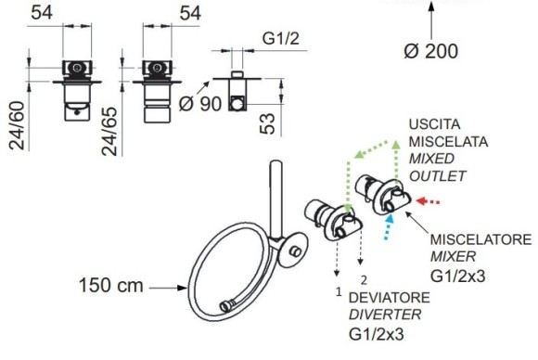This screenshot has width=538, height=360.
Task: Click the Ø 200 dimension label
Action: click(x=431, y=51)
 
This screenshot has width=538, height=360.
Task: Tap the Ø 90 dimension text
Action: click(x=200, y=103)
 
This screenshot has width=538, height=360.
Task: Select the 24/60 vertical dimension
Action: click(x=17, y=125)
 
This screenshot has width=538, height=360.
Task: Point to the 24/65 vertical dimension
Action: click(x=109, y=132)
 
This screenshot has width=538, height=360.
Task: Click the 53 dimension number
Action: click(x=268, y=123)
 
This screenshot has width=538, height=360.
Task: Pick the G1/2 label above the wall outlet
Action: click(x=281, y=38)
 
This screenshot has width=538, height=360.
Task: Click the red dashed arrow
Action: click(x=428, y=201)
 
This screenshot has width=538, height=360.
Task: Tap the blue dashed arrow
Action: click(x=389, y=226)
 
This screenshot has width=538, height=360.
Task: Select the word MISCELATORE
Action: click(x=480, y=239)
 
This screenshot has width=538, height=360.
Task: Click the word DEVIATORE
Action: click(x=389, y=298)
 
